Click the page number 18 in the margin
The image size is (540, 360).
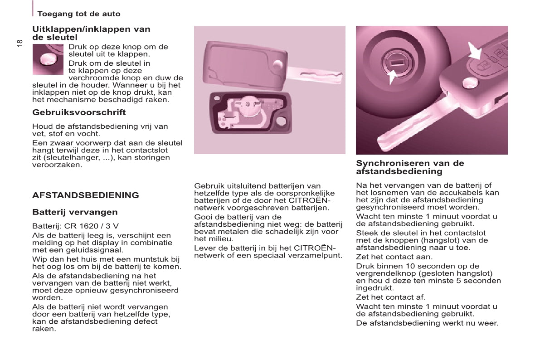click(19, 43)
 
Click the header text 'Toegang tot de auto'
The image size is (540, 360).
click(79, 14)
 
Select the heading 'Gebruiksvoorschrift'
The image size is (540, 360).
click(79, 112)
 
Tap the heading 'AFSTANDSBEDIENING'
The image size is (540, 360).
click(86, 195)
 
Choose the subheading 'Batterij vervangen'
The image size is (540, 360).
click(75, 212)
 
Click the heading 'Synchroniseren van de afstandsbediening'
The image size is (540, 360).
click(410, 167)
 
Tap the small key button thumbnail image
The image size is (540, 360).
click(48, 59)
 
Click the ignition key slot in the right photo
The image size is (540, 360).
click(394, 62)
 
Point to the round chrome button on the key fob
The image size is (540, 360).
click(470, 82)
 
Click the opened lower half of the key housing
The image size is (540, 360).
click(249, 113)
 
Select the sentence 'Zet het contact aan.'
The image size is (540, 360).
click(388, 257)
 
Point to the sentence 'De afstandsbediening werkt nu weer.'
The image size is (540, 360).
click(427, 323)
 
